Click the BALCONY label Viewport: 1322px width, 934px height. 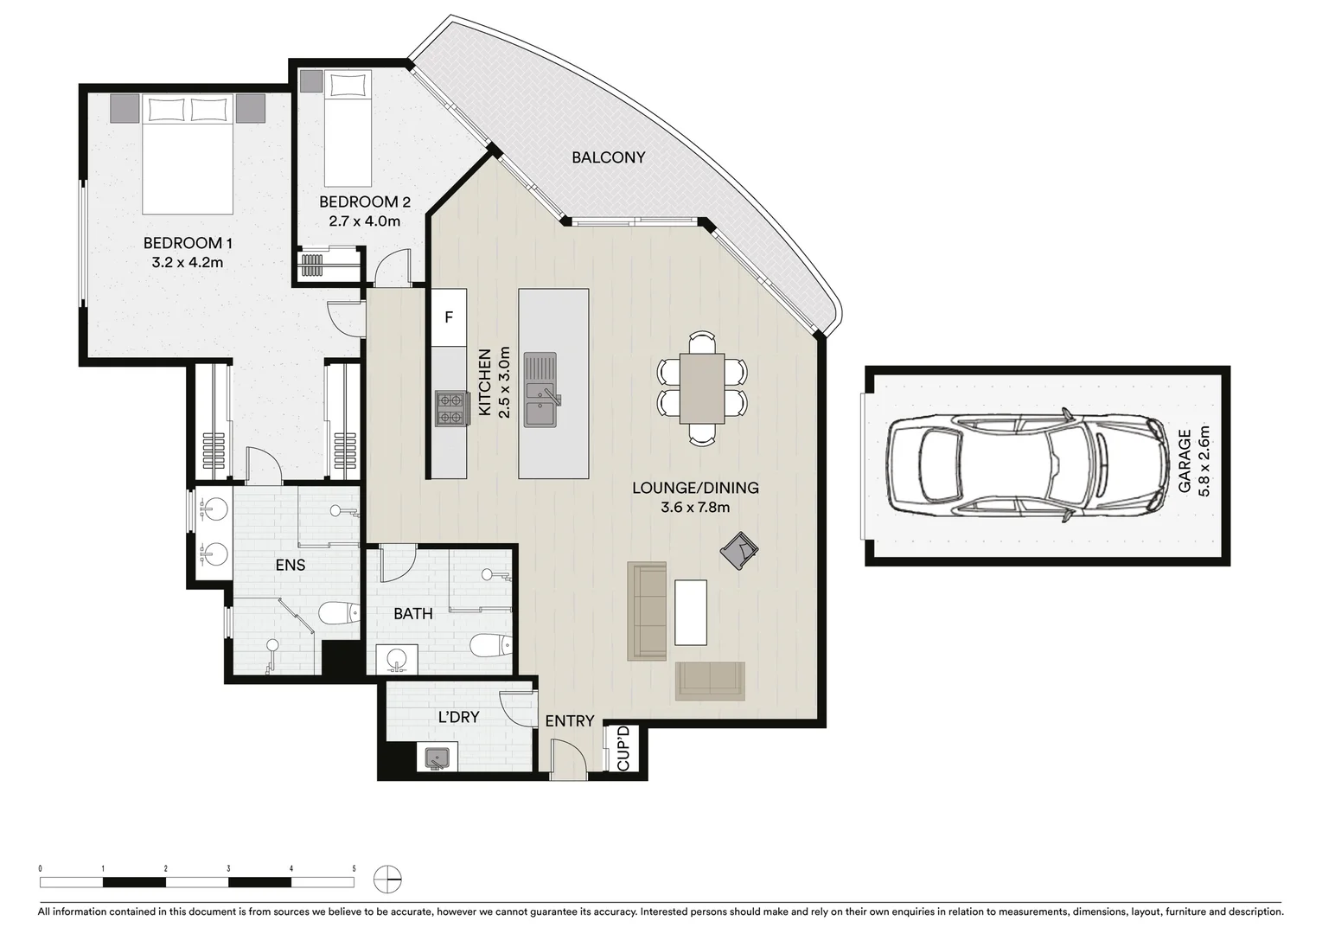tap(608, 157)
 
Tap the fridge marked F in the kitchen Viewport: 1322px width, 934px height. tap(449, 317)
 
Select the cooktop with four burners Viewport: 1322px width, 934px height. tap(450, 408)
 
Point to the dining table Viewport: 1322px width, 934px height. tap(702, 387)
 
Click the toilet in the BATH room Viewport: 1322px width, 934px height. tap(490, 645)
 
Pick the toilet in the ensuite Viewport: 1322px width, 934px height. tap(338, 614)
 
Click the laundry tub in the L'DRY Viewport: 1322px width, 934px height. tap(436, 758)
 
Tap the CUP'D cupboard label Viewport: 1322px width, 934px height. tap(624, 749)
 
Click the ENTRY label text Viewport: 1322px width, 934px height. tap(569, 721)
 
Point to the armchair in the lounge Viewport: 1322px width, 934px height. tap(739, 550)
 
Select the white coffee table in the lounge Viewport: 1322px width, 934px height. tap(690, 612)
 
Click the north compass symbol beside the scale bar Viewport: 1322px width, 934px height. tap(387, 880)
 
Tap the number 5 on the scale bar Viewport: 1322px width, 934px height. tap(354, 868)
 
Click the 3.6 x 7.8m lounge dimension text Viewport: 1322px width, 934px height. tap(695, 508)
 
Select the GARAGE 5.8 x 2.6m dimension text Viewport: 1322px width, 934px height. tap(1194, 462)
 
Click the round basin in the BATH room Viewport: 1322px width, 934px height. tap(397, 659)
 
